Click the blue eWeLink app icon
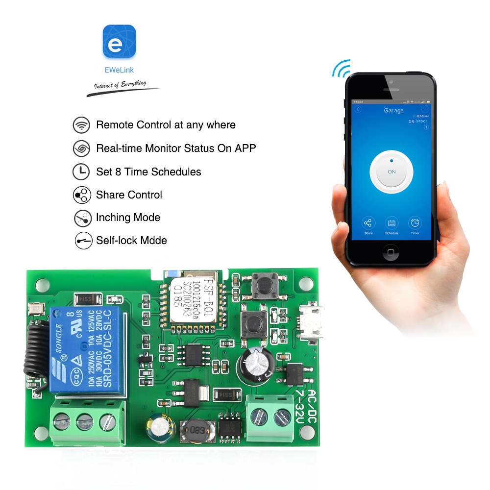pyautogui.click(x=119, y=42)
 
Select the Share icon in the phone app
pyautogui.click(x=368, y=223)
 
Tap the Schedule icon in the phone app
pyautogui.click(x=392, y=223)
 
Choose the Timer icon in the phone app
pyautogui.click(x=415, y=223)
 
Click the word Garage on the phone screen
pyautogui.click(x=393, y=111)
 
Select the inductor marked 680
pyautogui.click(x=196, y=431)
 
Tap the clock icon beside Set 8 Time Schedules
pyautogui.click(x=81, y=171)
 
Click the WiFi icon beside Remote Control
pyautogui.click(x=81, y=125)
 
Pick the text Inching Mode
pyautogui.click(x=128, y=217)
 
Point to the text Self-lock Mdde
pyautogui.click(x=131, y=240)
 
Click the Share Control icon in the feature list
pyautogui.click(x=81, y=195)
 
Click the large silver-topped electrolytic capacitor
pyautogui.click(x=255, y=366)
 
